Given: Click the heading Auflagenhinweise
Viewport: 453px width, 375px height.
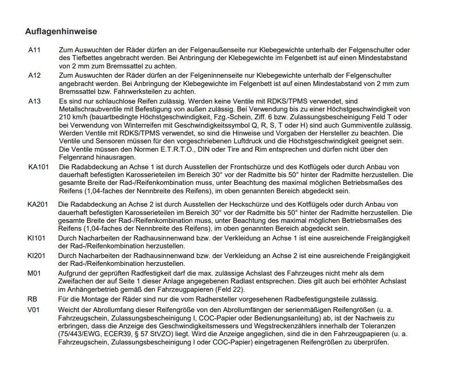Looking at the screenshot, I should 61,32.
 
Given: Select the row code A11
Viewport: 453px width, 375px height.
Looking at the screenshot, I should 34,50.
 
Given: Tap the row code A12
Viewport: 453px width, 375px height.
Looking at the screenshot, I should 34,75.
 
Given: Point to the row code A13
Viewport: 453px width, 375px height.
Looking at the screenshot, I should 34,101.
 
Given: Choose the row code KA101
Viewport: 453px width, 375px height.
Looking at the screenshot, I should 38,166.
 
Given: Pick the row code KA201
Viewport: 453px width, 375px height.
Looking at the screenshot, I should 38,204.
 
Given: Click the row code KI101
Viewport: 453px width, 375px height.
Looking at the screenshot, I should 37,238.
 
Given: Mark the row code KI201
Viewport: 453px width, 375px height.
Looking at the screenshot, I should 37,255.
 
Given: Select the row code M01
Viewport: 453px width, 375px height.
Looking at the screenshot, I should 34,273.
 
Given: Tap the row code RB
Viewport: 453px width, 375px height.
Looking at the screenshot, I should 32,299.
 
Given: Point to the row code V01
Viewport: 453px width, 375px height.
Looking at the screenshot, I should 34,309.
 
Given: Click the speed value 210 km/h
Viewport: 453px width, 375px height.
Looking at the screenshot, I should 75,117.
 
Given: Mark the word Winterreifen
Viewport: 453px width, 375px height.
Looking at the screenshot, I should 131,126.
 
